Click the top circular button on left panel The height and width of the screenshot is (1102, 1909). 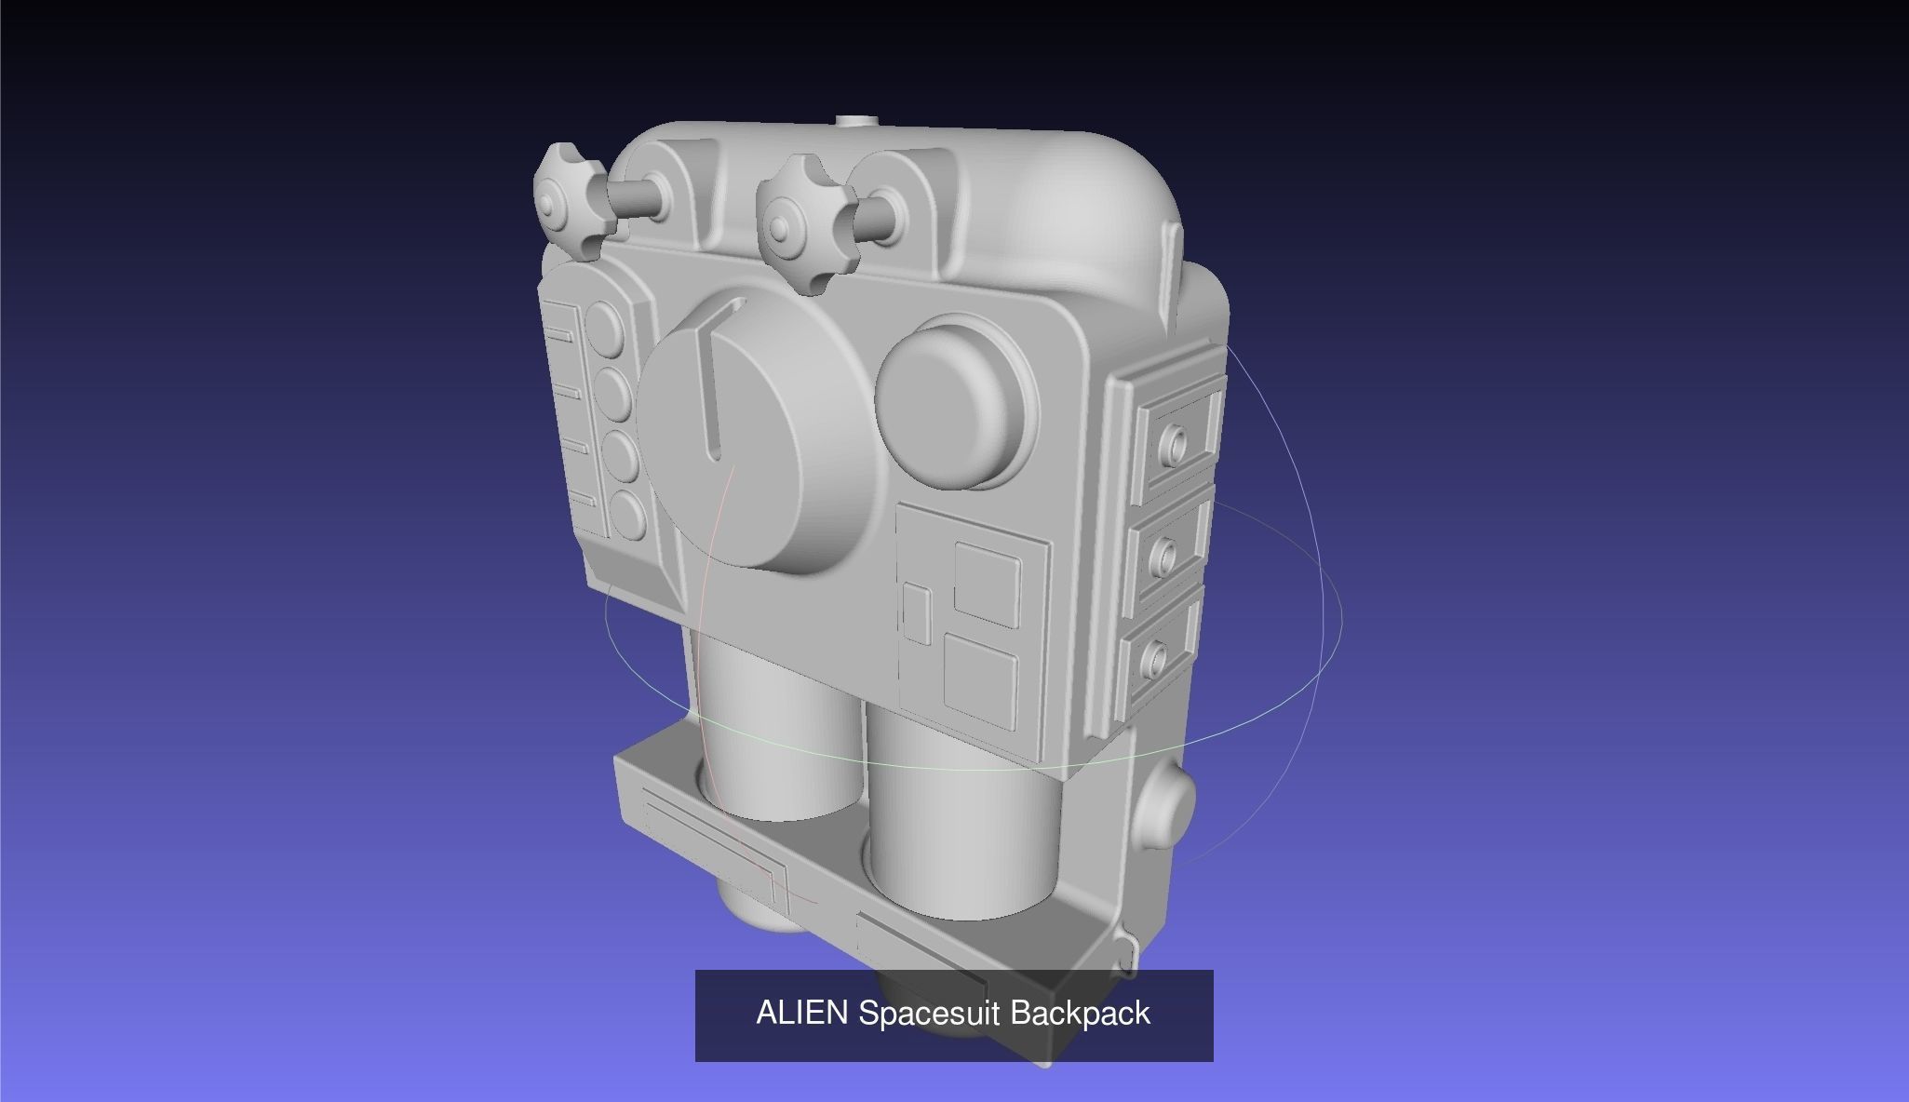pyautogui.click(x=607, y=326)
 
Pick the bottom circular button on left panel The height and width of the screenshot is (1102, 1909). pyautogui.click(x=625, y=515)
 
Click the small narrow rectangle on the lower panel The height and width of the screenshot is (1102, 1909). pyautogui.click(x=918, y=614)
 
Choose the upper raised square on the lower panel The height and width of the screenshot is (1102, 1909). pyautogui.click(x=987, y=583)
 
